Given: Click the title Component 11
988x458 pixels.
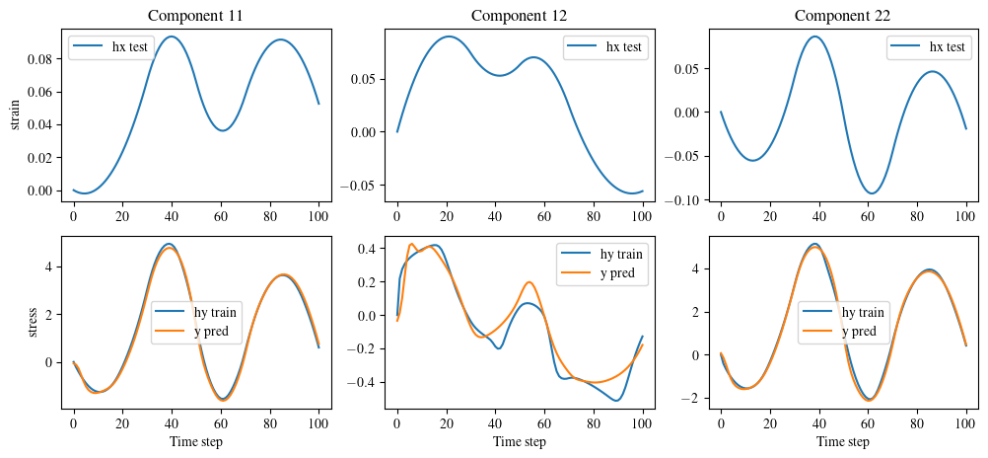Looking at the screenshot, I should [x=196, y=15].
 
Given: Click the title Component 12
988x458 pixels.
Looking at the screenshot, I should [x=520, y=15].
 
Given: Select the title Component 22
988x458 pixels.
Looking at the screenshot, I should [x=844, y=15].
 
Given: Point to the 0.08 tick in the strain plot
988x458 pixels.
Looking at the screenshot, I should [x=40, y=59].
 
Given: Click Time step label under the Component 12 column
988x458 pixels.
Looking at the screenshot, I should [x=520, y=441].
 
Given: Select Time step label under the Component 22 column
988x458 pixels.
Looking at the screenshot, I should [x=844, y=441].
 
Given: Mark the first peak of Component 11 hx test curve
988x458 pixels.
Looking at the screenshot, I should [x=172, y=37].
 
